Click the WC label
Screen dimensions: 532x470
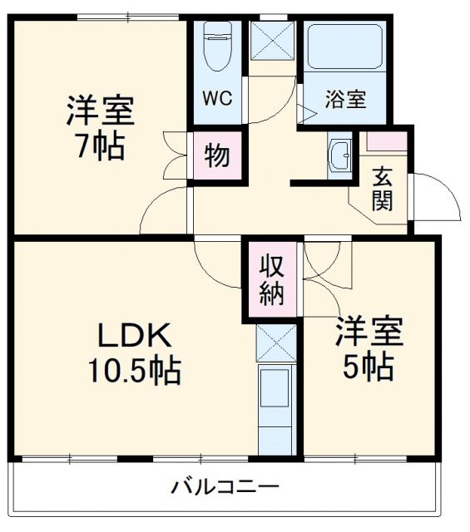click(x=218, y=97)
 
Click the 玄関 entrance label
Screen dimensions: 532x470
click(x=383, y=189)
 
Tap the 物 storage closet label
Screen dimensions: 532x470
click(x=218, y=155)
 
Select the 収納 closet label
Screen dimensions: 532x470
click(x=271, y=279)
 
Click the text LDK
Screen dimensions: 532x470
click(x=136, y=336)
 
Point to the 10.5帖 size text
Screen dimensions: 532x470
click(x=136, y=371)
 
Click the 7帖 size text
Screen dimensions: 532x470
click(x=100, y=147)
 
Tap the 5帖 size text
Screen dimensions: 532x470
click(x=369, y=367)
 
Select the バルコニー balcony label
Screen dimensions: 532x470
click(x=225, y=487)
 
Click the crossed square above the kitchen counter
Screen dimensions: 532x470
click(x=275, y=341)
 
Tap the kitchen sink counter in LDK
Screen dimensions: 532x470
click(x=275, y=407)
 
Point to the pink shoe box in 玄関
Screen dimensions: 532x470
click(x=388, y=140)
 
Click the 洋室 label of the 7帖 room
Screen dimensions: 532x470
click(x=101, y=111)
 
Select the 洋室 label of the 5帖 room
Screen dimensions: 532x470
click(x=369, y=332)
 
